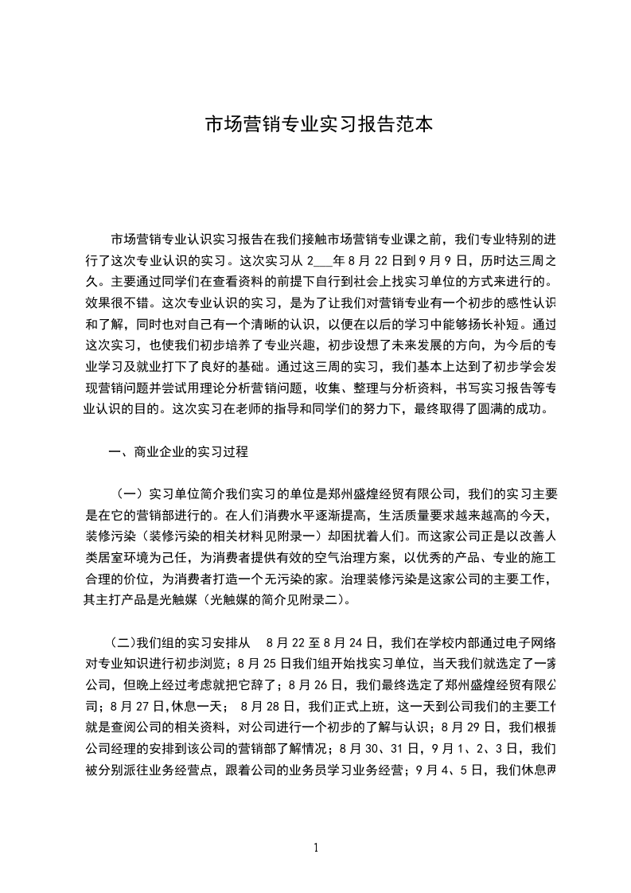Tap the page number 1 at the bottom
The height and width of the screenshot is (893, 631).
316,848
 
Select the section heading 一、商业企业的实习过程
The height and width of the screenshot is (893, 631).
178,452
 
